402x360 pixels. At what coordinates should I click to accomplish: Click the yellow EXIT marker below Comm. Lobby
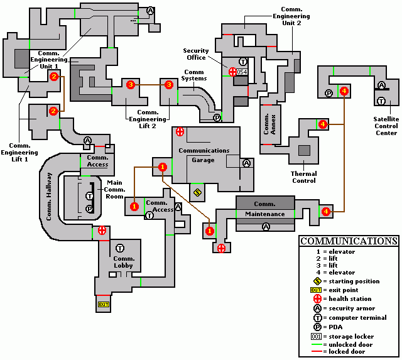104,305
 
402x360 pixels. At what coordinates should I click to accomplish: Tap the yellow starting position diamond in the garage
198,192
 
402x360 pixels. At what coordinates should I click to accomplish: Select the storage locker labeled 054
242,72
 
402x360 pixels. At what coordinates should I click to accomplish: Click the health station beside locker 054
233,72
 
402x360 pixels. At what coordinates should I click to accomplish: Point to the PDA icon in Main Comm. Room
89,209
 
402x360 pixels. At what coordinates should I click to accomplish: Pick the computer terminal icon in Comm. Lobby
119,248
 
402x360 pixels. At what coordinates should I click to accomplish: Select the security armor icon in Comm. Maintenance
265,227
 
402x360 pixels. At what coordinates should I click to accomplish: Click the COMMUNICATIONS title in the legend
349,241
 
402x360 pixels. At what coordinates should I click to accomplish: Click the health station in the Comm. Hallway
102,230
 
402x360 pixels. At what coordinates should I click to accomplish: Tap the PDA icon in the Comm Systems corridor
217,117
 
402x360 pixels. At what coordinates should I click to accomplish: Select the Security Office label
195,54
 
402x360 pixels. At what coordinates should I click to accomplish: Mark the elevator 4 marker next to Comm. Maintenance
326,212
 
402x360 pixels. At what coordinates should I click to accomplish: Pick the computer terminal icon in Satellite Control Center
381,101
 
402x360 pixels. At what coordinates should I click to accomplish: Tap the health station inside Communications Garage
180,132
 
